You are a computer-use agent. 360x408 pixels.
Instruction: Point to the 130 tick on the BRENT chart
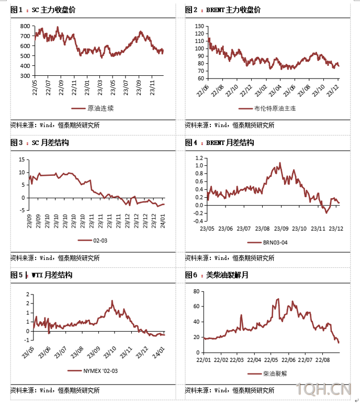pyautogui.click(x=198, y=26)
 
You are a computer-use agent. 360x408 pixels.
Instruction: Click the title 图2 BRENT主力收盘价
pyautogui.click(x=222, y=10)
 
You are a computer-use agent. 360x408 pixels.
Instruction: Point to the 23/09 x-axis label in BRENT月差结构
pyautogui.click(x=282, y=228)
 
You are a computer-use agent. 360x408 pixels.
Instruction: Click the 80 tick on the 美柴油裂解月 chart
pyautogui.click(x=198, y=291)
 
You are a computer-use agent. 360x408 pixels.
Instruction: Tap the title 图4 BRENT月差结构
pyautogui.click(x=219, y=142)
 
